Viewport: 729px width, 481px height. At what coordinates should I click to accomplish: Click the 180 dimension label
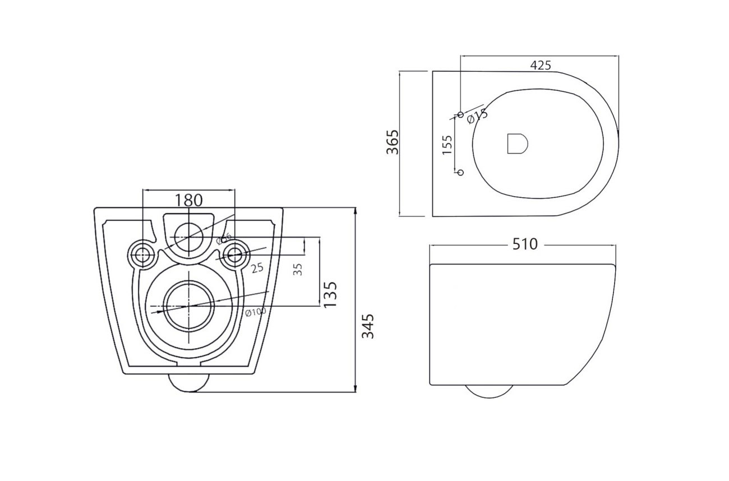pos(188,200)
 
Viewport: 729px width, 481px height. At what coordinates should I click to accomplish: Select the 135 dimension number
pos(330,294)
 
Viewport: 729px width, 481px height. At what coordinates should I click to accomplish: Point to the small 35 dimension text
pos(298,269)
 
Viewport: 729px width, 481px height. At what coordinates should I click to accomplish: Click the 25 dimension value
pos(257,268)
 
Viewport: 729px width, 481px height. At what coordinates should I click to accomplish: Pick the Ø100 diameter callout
pos(255,312)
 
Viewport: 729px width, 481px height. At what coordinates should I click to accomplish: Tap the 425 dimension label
pos(540,65)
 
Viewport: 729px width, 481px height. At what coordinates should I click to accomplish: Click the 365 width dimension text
pos(392,142)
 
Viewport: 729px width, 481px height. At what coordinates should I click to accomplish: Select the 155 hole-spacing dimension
pos(447,145)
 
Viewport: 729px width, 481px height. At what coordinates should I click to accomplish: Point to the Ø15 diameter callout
pos(477,116)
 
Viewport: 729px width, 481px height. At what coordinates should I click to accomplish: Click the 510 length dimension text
pos(524,244)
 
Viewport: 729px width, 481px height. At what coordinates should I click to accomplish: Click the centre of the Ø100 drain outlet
pos(189,306)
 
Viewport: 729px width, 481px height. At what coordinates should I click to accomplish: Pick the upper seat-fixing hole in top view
pos(461,114)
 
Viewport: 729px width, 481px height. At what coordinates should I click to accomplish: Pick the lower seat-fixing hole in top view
pos(461,172)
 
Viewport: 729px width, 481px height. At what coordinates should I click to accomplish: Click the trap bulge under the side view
pos(490,391)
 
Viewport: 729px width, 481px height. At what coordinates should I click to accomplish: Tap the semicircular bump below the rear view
pos(188,383)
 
